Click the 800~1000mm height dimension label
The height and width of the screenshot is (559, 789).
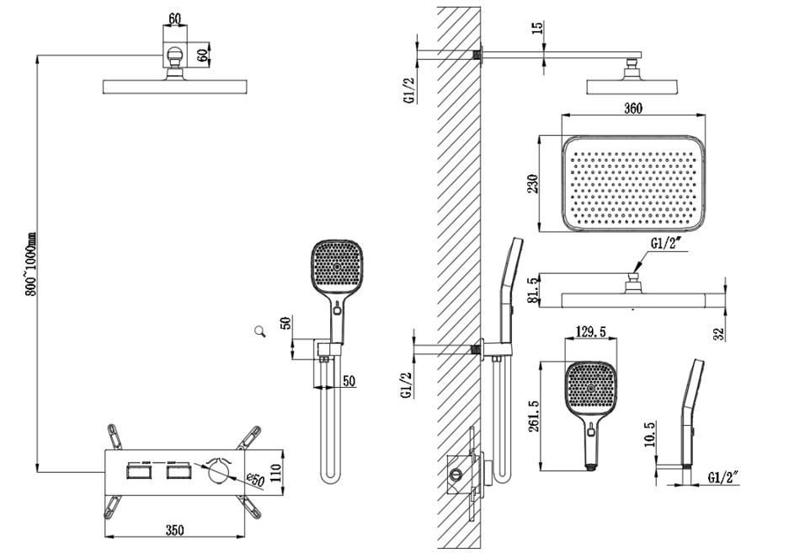[30, 261]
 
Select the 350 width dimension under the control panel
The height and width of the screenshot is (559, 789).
[174, 530]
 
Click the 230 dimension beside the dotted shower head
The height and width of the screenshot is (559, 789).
[532, 183]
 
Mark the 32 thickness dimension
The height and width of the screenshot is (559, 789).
[717, 332]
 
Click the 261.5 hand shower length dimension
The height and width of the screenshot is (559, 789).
[533, 417]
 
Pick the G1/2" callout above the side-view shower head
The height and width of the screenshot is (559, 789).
[664, 245]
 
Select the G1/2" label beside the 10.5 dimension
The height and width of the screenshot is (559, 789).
[722, 478]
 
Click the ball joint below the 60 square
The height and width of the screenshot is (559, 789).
[175, 62]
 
